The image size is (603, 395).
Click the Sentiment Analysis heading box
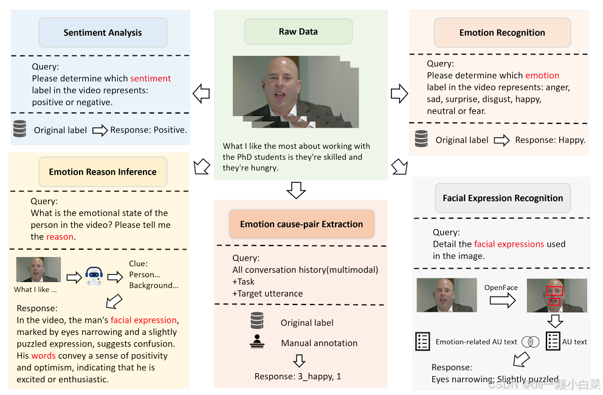tap(103, 33)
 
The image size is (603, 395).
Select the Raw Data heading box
tap(298, 32)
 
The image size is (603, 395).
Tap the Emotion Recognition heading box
tap(502, 33)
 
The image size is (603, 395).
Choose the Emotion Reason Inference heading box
tap(103, 172)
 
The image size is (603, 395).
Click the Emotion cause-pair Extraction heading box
tap(301, 224)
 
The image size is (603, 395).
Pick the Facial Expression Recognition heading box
tap(503, 198)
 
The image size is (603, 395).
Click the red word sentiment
tap(151, 78)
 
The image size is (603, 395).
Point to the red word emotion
tap(542, 75)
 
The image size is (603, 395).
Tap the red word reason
tap(60, 236)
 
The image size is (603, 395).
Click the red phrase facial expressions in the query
tap(509, 244)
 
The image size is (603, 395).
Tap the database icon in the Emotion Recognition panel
tap(421, 139)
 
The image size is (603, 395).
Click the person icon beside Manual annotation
tap(257, 342)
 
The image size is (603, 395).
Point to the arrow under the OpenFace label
tap(501, 300)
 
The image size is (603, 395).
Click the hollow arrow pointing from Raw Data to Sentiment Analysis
tap(201, 94)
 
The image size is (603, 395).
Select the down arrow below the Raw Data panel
tap(296, 190)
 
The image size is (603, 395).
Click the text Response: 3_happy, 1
tap(298, 376)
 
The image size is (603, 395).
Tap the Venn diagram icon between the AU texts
tap(531, 342)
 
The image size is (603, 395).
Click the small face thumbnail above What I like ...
tap(38, 269)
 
